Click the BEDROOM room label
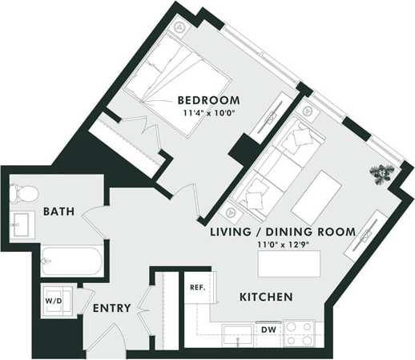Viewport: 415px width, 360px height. point(208,100)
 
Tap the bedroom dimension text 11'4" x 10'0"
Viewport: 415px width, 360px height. point(208,114)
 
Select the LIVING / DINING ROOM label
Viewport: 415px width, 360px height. point(282,231)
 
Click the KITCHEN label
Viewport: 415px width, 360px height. point(266,297)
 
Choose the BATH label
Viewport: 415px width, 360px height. point(58,212)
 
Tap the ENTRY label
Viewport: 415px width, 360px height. point(111,308)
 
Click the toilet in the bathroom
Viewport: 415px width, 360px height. point(23,193)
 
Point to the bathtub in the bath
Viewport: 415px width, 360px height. point(70,261)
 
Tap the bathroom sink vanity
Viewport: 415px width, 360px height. point(22,224)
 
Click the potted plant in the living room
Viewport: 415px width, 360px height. point(381,172)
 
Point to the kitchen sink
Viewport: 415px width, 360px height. point(237,333)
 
